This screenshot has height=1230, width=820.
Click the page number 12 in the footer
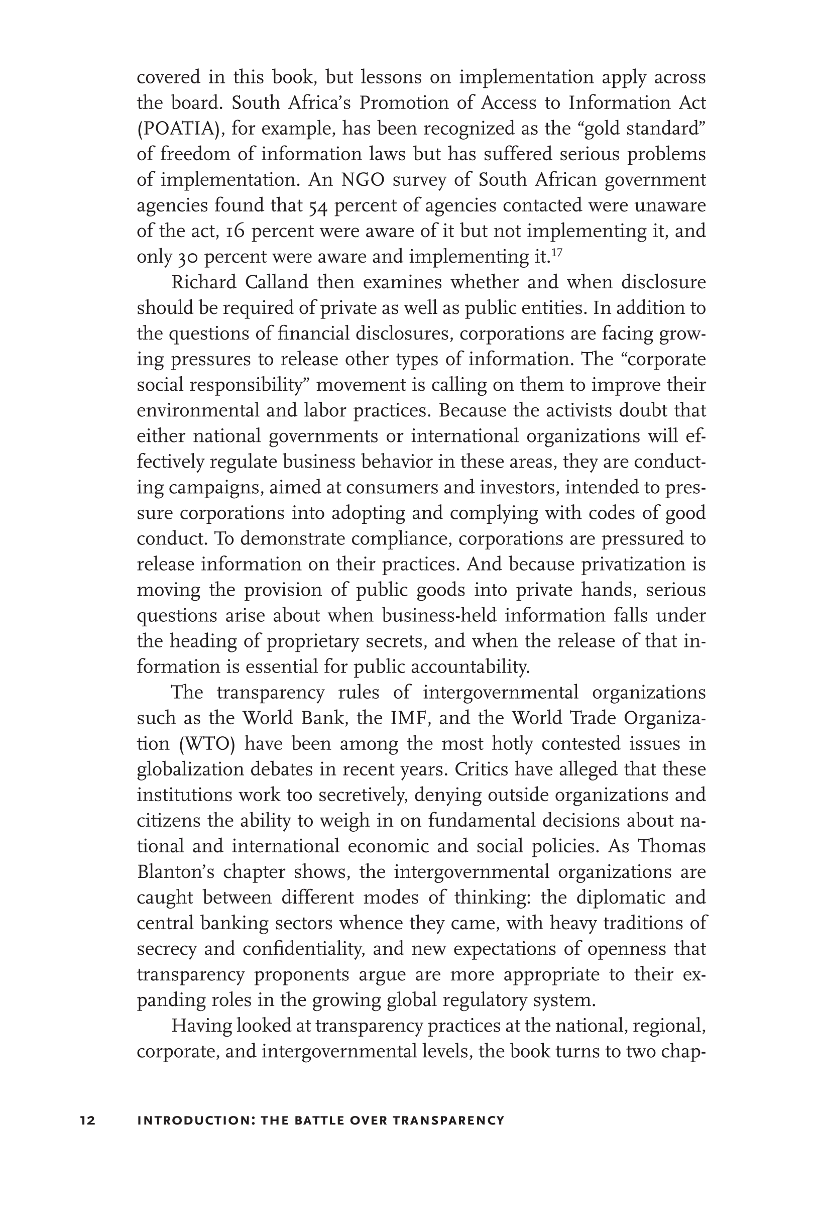(88, 1120)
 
